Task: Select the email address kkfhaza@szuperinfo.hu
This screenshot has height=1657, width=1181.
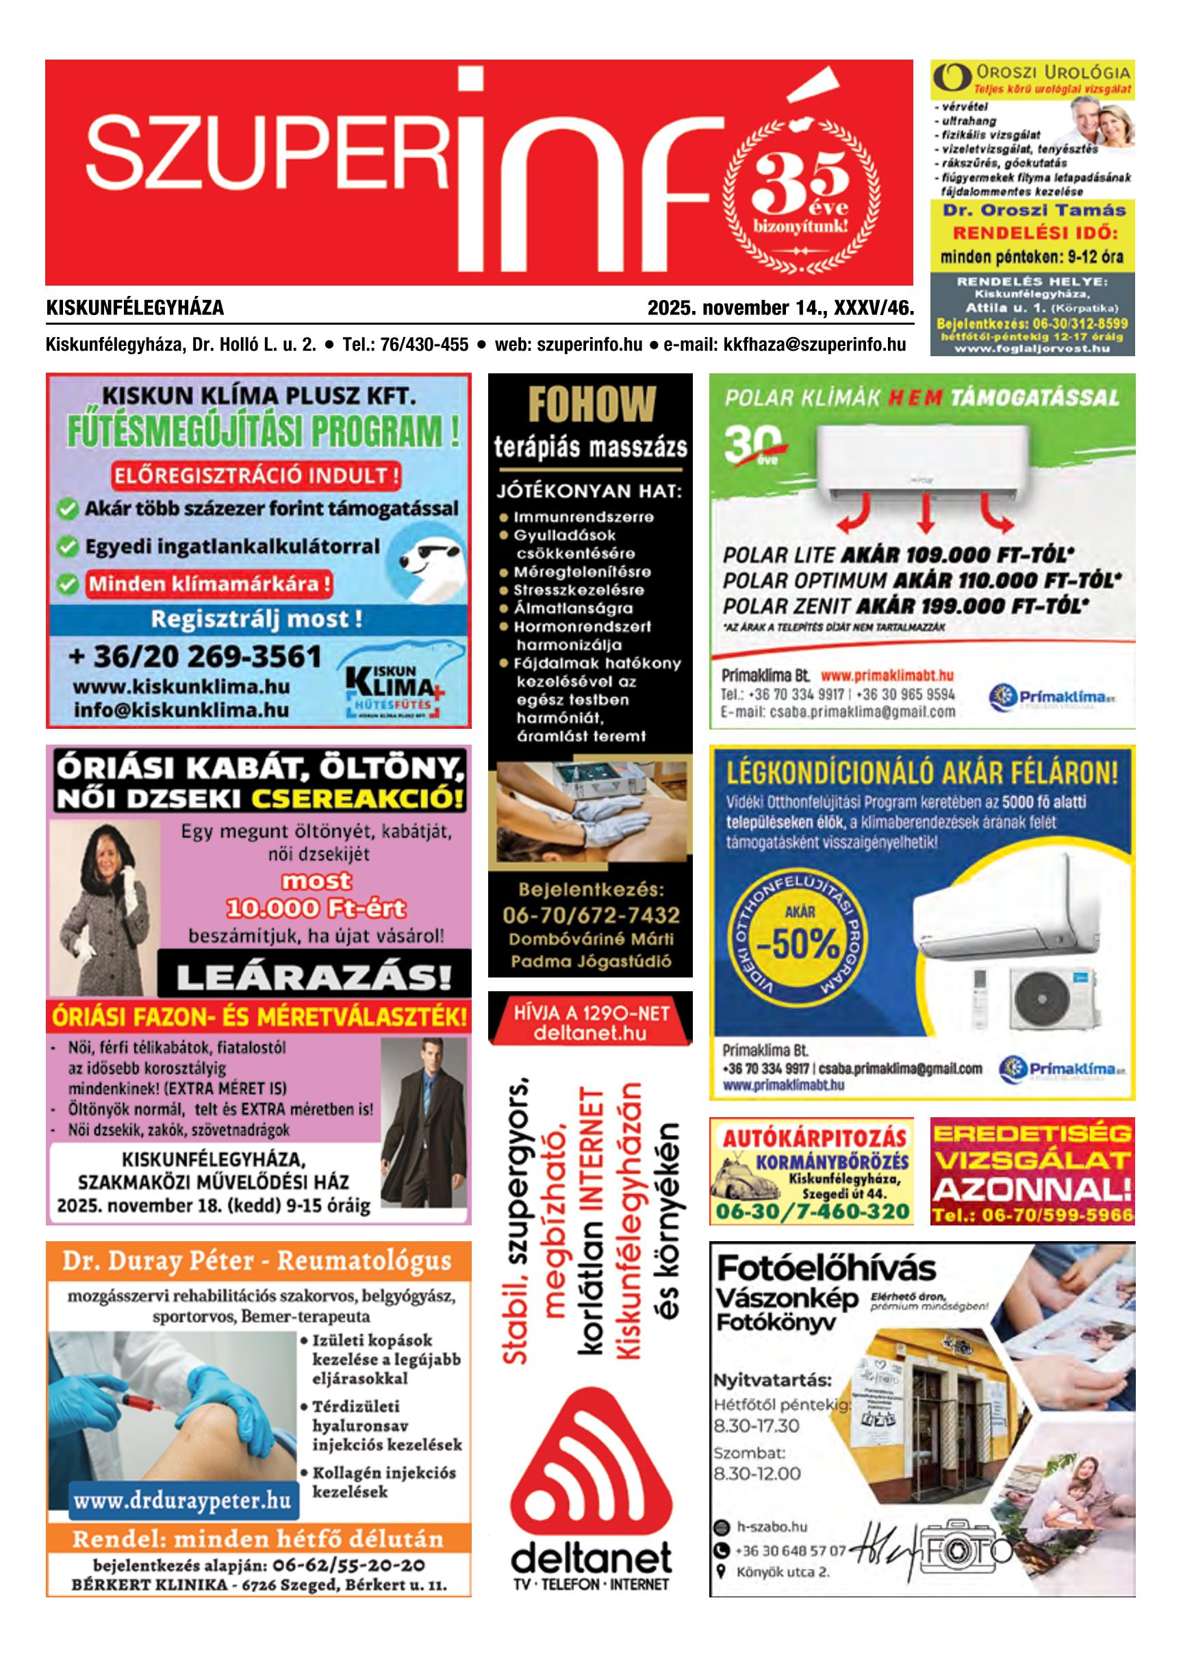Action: (815, 344)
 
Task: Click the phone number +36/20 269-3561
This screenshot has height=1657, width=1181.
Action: (195, 657)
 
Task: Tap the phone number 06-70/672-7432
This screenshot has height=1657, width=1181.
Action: (590, 915)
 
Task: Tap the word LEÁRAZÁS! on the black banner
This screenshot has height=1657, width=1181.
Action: (314, 977)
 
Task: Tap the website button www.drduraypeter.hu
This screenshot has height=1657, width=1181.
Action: (183, 1500)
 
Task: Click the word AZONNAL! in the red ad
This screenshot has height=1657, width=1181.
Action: (1032, 1189)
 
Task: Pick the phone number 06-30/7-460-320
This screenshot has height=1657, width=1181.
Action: (812, 1211)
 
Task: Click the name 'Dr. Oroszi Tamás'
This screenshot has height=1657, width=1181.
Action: (1033, 211)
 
